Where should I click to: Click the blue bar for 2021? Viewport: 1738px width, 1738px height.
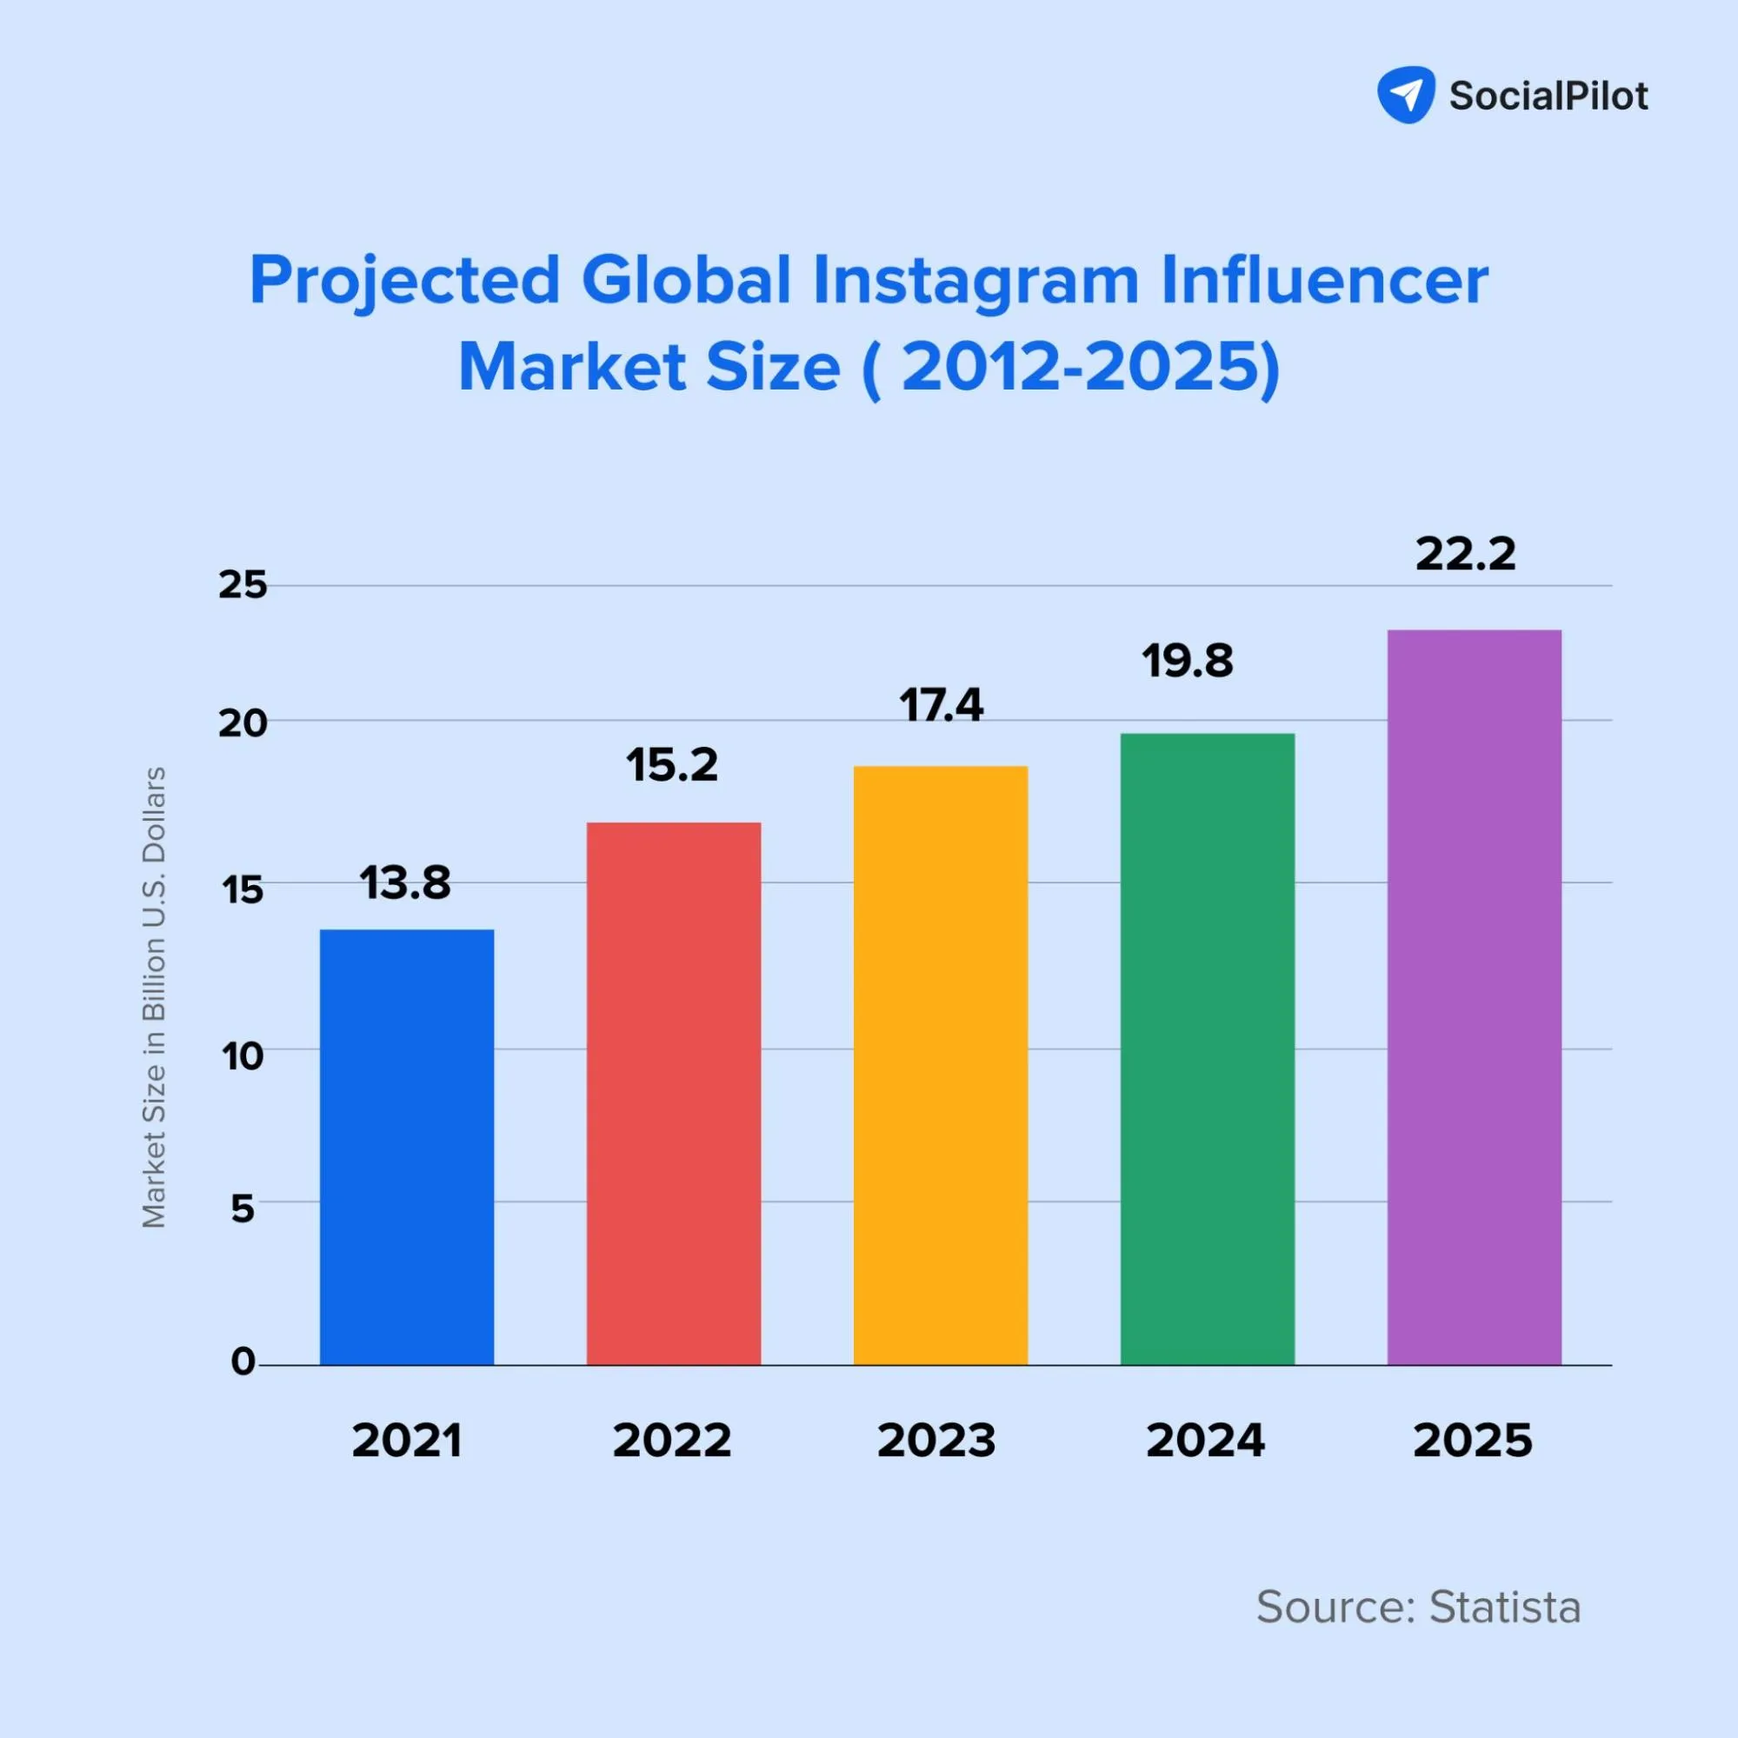click(x=407, y=1147)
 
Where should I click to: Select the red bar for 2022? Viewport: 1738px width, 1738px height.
click(x=674, y=1093)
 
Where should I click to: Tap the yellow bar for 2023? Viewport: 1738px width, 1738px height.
click(x=940, y=1065)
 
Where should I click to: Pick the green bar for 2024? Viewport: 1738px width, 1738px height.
click(x=1208, y=1049)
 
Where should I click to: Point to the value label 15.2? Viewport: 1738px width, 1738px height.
click(x=672, y=766)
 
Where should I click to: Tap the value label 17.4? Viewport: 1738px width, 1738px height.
click(x=941, y=705)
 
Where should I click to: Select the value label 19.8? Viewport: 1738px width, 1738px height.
click(x=1188, y=661)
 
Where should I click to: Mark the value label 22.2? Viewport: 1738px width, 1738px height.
click(x=1465, y=554)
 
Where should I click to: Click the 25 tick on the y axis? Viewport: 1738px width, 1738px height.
click(x=243, y=586)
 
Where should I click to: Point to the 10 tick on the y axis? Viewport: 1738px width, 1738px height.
click(x=243, y=1056)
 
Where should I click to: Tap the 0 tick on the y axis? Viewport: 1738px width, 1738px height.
click(x=243, y=1362)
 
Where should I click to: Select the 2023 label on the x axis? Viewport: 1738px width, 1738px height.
click(x=936, y=1442)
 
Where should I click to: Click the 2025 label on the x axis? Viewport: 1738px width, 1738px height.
click(x=1473, y=1442)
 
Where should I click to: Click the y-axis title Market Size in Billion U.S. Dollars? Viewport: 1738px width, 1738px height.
click(x=155, y=996)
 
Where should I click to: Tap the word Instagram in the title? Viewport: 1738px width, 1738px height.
click(x=976, y=281)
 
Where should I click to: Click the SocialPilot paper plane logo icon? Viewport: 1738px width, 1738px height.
click(x=1405, y=95)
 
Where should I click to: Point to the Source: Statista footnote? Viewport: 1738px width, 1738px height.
click(x=1418, y=1607)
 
